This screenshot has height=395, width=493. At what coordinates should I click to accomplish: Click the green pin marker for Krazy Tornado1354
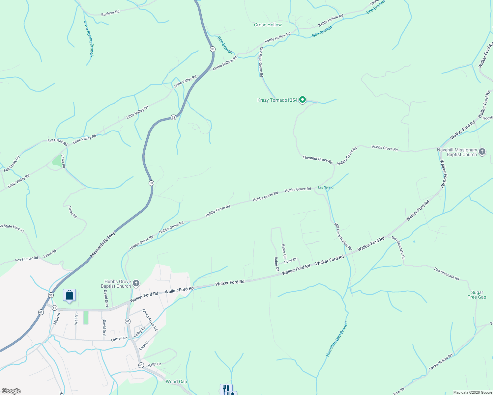pyautogui.click(x=302, y=100)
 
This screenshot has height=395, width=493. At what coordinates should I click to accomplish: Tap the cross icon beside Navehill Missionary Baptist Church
pyautogui.click(x=482, y=152)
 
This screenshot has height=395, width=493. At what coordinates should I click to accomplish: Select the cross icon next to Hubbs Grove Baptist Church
pyautogui.click(x=136, y=283)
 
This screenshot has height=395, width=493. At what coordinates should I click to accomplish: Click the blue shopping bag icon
pyautogui.click(x=69, y=295)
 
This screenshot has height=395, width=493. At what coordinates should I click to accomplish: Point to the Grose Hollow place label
pyautogui.click(x=268, y=25)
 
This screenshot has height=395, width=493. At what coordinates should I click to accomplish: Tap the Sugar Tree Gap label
pyautogui.click(x=477, y=295)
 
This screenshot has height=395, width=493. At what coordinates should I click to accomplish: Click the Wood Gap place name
pyautogui.click(x=176, y=382)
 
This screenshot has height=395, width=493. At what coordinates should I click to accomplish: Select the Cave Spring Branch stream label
pyautogui.click(x=89, y=39)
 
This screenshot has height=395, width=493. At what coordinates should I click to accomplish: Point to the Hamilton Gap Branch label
pyautogui.click(x=336, y=339)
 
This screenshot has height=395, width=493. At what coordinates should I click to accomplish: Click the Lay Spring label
pyautogui.click(x=326, y=188)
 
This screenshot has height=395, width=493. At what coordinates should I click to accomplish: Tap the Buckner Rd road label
pyautogui.click(x=110, y=13)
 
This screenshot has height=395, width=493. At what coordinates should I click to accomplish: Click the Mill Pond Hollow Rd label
pyautogui.click(x=343, y=236)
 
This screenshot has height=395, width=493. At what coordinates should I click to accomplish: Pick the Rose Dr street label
pyautogui.click(x=290, y=261)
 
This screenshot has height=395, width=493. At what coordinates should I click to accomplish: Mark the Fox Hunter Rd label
pyautogui.click(x=27, y=259)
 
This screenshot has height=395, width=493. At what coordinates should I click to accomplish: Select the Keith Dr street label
pyautogui.click(x=154, y=365)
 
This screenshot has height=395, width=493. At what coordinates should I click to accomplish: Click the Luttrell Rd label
pyautogui.click(x=119, y=339)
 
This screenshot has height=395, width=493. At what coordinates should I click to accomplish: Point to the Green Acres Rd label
pyautogui.click(x=150, y=320)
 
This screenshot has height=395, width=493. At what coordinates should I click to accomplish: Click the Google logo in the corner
pyautogui.click(x=11, y=391)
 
